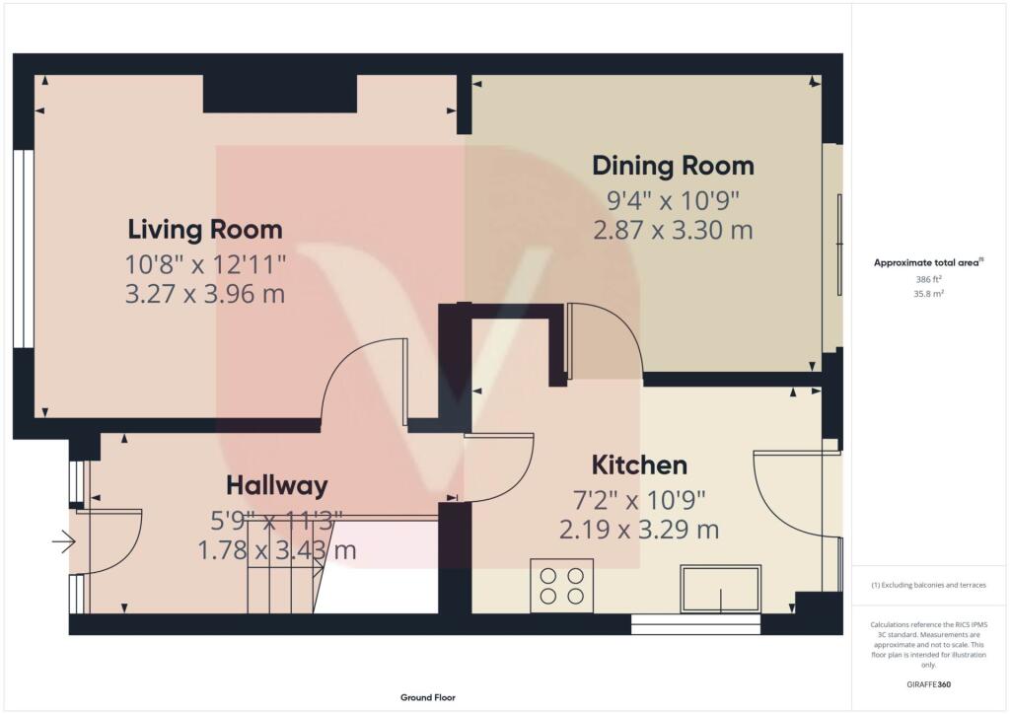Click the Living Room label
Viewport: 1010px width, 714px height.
click(x=205, y=229)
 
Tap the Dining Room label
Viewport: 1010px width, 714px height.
click(x=673, y=165)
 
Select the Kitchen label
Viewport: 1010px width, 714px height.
click(x=638, y=464)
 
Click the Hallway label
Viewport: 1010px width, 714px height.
click(x=276, y=485)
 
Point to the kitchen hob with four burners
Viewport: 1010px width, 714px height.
click(x=562, y=587)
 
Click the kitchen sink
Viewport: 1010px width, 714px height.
click(x=720, y=589)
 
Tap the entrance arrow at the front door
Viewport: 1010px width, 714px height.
click(x=64, y=540)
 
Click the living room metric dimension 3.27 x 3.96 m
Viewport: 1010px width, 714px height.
click(x=205, y=293)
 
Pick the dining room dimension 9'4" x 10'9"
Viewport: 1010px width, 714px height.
click(x=673, y=200)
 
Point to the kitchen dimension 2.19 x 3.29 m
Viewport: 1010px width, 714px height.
click(x=638, y=530)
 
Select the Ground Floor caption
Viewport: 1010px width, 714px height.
click(x=428, y=697)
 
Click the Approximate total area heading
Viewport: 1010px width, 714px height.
click(x=927, y=262)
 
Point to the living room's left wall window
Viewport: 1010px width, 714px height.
click(x=24, y=249)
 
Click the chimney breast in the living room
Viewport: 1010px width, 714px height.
click(x=279, y=94)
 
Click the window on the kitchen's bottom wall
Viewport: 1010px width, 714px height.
click(x=696, y=623)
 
